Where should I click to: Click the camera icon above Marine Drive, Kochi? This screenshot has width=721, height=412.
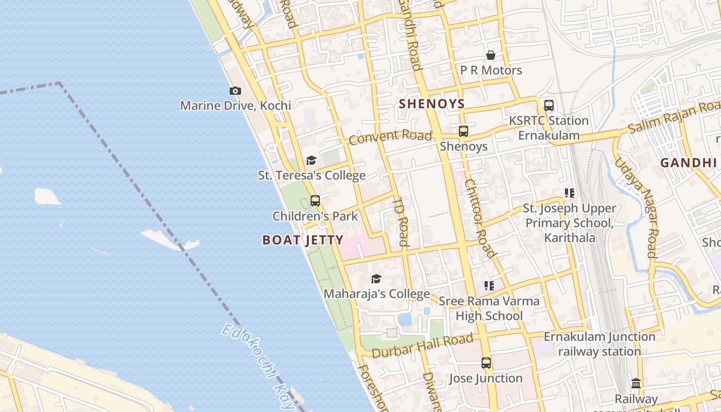coord(235,91)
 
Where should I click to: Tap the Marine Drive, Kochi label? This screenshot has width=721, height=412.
coord(235,106)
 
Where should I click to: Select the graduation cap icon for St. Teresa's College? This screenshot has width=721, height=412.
coord(311,161)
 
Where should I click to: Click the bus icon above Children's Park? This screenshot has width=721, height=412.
coord(315,201)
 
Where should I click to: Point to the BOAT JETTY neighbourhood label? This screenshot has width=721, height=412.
coord(303,240)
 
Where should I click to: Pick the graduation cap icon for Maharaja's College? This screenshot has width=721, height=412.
coord(376,279)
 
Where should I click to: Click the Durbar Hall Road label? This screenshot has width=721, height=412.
coord(422,346)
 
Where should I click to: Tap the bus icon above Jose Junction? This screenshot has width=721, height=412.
coord(486,363)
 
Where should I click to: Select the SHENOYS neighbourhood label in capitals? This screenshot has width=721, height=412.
coord(432,104)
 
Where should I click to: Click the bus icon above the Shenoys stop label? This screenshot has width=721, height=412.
coord(463,131)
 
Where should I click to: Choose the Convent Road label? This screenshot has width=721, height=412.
coord(390,137)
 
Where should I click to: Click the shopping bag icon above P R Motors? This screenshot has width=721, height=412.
coord(491,55)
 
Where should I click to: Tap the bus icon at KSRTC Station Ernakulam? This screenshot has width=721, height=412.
coord(549,106)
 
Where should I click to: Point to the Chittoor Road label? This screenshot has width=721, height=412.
coord(479,218)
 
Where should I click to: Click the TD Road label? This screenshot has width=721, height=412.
coord(401,222)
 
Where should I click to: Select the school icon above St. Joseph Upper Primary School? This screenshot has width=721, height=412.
coord(570,193)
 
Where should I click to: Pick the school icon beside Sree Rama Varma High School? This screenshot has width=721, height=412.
coord(489,285)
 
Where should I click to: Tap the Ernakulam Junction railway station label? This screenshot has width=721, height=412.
coord(599,344)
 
